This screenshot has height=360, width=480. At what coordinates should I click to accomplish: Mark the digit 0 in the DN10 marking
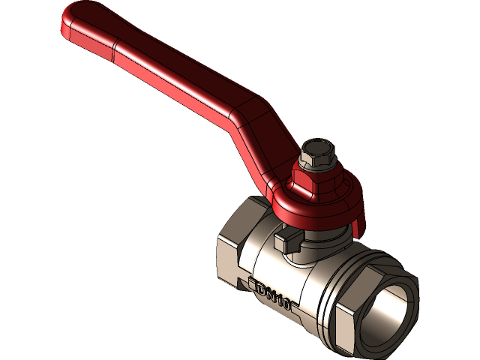pos(285,304)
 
